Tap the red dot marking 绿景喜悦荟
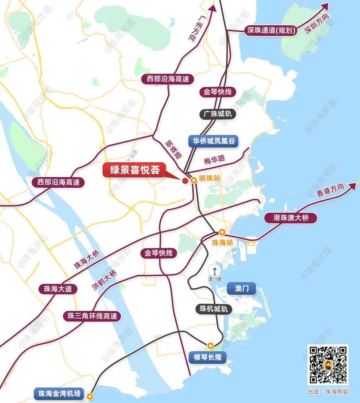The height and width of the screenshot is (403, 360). click(185, 181)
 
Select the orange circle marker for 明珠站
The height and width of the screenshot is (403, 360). click(194, 181)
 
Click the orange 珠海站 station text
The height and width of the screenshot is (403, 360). click(222, 243)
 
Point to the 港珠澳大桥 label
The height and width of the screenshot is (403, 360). click(291, 218)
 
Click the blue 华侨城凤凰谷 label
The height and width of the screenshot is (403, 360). click(213, 141)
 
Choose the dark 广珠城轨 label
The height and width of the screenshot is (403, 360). click(218, 114)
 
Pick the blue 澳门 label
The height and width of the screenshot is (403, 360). click(241, 289)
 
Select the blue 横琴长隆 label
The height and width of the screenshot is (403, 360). click(207, 357)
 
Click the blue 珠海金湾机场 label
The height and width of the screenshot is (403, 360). click(59, 393)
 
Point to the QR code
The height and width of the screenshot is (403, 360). click(327, 364)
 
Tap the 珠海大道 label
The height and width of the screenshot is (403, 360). click(58, 289)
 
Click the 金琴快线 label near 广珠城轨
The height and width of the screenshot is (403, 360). click(217, 92)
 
